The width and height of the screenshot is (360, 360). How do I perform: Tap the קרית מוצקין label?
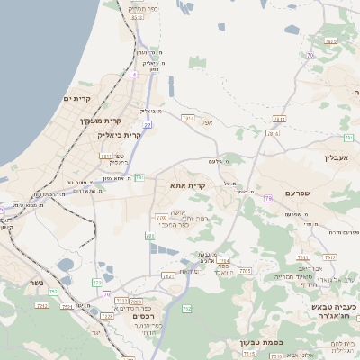coord(99,121)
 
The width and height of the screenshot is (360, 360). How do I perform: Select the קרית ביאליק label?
coord(121,134)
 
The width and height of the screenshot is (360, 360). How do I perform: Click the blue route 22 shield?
coord(147,125)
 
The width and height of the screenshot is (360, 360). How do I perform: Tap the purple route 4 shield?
coord(133,74)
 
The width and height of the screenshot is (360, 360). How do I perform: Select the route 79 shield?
coord(268,198)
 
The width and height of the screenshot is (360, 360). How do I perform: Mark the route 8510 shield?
coord(136,16)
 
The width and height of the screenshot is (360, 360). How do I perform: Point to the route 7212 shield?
coord(41,306)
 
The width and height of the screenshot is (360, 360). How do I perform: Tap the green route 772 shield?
coord(97,283)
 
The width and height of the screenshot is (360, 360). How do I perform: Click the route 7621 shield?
coord(168,274)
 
